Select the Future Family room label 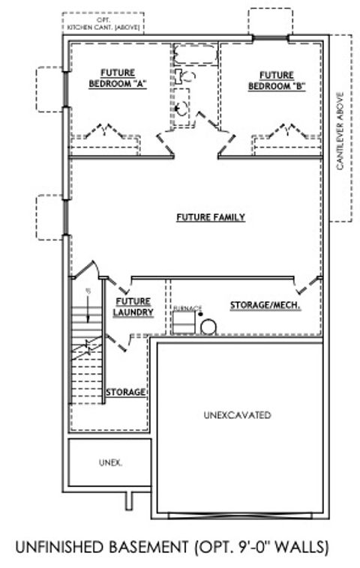(211, 217)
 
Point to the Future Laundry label (134, 307)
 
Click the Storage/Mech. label (265, 305)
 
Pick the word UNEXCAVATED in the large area (237, 414)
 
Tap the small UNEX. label (110, 462)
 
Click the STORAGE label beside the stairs (125, 392)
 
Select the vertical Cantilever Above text (340, 131)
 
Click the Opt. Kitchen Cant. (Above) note (103, 23)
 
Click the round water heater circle (208, 325)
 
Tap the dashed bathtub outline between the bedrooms (194, 55)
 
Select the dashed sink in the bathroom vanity (181, 108)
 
